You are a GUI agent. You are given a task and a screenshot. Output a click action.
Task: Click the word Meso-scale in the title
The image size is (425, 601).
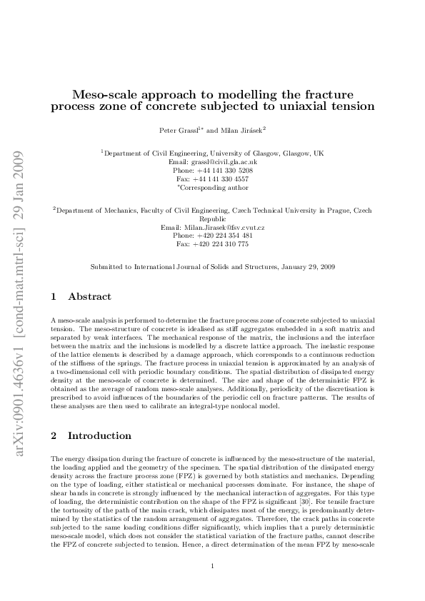109,94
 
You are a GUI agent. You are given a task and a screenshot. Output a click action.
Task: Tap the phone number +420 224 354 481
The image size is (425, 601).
224,236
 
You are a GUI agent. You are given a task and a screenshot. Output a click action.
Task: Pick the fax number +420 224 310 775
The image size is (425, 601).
224,244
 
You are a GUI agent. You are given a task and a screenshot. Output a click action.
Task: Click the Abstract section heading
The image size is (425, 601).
91,296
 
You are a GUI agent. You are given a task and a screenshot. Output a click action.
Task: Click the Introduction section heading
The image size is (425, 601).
99,435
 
